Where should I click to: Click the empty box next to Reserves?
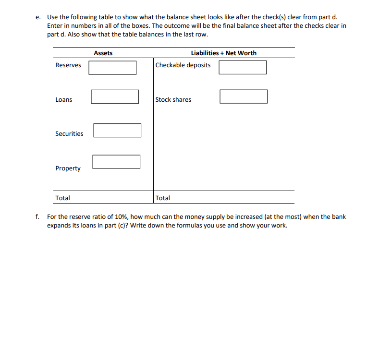(x=112, y=67)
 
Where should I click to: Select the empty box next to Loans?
(x=115, y=96)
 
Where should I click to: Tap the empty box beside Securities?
(x=117, y=130)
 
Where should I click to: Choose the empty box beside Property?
(x=116, y=162)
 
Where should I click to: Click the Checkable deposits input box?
(x=243, y=67)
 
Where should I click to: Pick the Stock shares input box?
(x=244, y=96)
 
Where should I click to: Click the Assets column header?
(x=103, y=53)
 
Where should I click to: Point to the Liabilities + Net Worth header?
(x=223, y=53)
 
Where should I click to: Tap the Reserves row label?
(x=68, y=65)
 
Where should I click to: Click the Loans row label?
(x=63, y=100)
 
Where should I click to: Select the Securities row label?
(x=69, y=134)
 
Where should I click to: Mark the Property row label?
(x=68, y=168)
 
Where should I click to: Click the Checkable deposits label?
(x=183, y=65)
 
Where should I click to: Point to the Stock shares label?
(x=173, y=100)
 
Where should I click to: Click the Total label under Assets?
(x=62, y=198)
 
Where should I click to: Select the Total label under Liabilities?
(x=163, y=198)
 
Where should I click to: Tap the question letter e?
(x=37, y=17)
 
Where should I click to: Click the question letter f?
(x=37, y=217)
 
